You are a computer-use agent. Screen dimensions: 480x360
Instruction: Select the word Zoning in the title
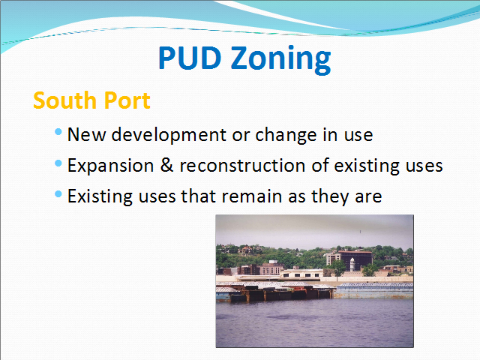[280, 60]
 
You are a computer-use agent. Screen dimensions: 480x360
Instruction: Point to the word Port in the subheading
[127, 100]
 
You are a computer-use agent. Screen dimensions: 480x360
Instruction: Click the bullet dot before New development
[58, 132]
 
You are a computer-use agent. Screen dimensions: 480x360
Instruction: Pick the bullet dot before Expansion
[58, 163]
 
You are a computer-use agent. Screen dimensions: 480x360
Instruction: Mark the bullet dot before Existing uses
[58, 193]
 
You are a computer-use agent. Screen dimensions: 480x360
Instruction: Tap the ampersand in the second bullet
[166, 165]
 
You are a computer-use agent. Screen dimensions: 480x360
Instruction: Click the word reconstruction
[242, 166]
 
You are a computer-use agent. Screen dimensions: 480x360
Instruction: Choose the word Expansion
[110, 166]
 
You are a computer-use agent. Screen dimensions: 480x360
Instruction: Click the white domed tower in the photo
[352, 264]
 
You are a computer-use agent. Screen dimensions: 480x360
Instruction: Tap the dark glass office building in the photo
[355, 259]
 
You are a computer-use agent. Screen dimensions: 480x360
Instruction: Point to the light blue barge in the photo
[373, 291]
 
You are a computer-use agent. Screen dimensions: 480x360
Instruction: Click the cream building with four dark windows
[301, 273]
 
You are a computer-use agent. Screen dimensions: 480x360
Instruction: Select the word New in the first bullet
[87, 135]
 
